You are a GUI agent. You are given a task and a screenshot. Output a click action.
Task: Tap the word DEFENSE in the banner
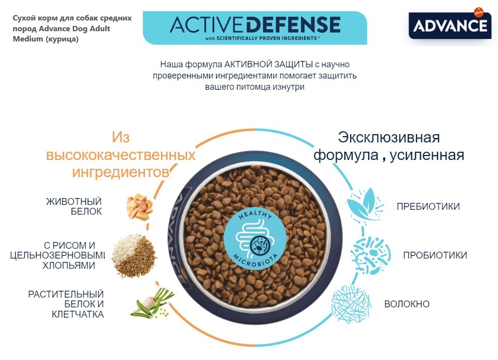click(x=293, y=24)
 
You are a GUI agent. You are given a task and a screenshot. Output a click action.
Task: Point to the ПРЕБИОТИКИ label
click(x=428, y=206)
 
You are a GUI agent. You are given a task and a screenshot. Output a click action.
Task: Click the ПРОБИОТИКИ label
click(x=435, y=255)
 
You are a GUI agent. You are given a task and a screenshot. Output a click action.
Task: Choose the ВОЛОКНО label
click(x=407, y=304)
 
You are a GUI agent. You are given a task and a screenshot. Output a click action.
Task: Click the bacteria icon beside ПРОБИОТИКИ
click(x=370, y=254)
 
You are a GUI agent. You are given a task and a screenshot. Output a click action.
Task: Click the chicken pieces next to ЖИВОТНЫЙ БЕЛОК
click(x=139, y=207)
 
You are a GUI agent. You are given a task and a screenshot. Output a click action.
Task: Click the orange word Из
click(x=121, y=137)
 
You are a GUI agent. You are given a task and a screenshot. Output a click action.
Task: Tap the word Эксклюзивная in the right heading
click(x=389, y=137)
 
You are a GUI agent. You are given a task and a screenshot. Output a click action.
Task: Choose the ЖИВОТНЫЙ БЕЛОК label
click(x=74, y=206)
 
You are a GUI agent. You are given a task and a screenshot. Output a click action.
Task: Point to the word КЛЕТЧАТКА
click(x=78, y=314)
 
